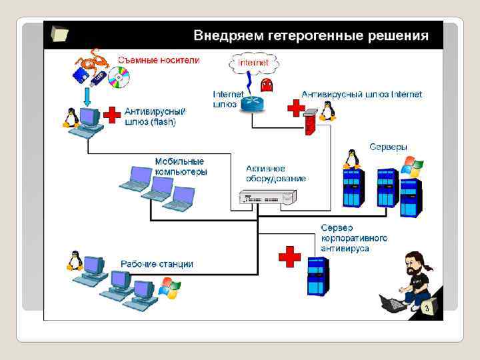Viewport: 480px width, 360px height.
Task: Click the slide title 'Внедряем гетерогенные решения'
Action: (311, 35)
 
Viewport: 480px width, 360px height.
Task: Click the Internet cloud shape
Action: (253, 63)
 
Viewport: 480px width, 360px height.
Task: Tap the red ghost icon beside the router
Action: (268, 85)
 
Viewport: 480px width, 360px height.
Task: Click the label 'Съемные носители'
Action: (159, 59)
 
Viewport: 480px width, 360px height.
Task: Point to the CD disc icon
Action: (118, 77)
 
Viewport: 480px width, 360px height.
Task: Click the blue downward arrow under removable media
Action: (86, 98)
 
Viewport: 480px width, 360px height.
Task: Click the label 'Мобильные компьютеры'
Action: (181, 166)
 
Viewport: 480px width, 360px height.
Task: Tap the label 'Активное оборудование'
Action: (276, 173)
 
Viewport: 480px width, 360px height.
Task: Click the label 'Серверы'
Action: (388, 146)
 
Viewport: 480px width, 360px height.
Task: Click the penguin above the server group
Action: (351, 159)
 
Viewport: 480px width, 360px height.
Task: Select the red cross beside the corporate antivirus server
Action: (289, 256)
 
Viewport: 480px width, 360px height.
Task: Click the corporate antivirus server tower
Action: (318, 275)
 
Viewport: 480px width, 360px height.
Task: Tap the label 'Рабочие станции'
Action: (157, 264)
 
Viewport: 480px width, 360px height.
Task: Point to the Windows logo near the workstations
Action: (169, 287)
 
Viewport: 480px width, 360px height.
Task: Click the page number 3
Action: (427, 309)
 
